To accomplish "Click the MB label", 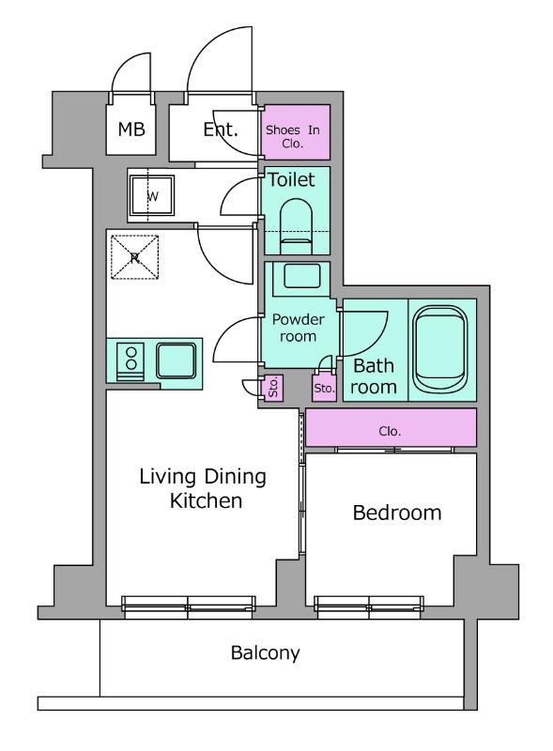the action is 131,129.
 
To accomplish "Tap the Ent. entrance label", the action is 221,130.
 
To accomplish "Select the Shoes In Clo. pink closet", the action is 297,132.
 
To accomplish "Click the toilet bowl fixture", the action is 296,225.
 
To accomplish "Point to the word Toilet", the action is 291,179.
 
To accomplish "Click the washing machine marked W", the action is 151,196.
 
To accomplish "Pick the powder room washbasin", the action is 301,276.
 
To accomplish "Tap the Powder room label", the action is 298,328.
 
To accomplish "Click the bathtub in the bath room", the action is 440,349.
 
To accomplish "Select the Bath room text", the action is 374,376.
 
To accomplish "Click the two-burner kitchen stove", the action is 131,362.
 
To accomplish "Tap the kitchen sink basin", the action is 177,360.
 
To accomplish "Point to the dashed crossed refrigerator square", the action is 134,256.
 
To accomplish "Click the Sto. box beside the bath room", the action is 324,388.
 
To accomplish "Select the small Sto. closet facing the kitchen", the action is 273,388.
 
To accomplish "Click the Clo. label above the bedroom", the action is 390,431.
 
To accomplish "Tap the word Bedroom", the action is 397,513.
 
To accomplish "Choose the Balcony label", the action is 266,652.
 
